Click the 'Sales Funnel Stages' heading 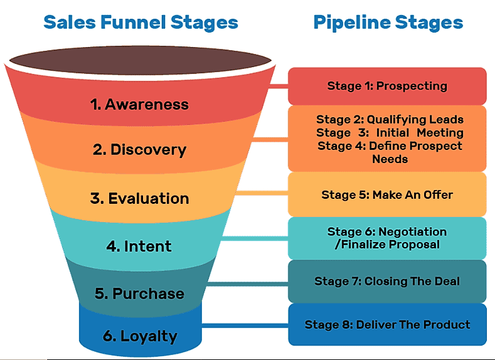click(x=141, y=23)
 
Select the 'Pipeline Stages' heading click(x=388, y=23)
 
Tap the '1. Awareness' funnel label click(x=139, y=104)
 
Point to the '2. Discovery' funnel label click(x=139, y=150)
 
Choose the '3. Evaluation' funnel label click(x=139, y=199)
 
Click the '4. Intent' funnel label click(x=139, y=246)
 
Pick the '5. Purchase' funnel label click(x=139, y=294)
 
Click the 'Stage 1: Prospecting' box click(x=387, y=87)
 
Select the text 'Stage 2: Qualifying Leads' click(x=390, y=119)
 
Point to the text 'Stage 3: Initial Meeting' click(x=390, y=132)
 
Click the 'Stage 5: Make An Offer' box click(x=387, y=195)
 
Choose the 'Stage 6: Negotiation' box click(x=387, y=238)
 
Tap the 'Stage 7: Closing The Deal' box click(x=387, y=282)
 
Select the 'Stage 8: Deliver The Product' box click(x=387, y=325)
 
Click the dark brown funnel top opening click(x=140, y=60)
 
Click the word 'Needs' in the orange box click(x=390, y=159)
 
